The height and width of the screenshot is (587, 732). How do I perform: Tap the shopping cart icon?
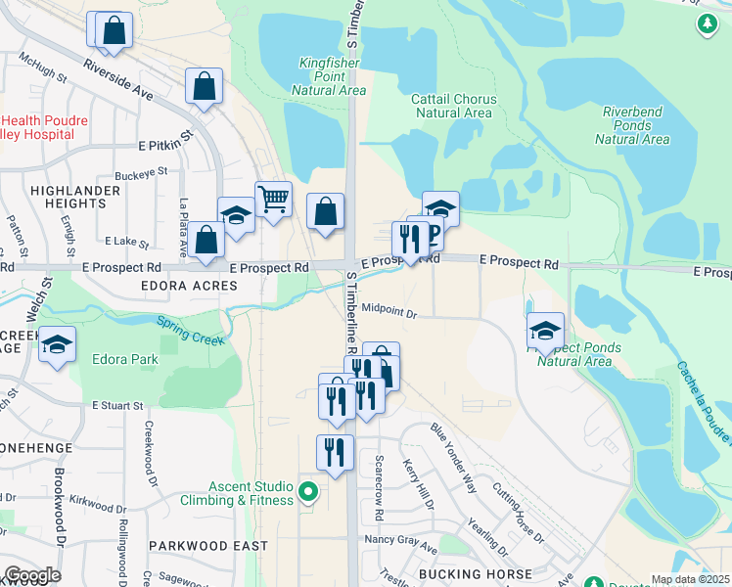coord(274,199)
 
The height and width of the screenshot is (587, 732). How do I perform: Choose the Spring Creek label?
coord(191,331)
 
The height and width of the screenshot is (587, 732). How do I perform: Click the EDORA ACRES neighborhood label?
coord(190,285)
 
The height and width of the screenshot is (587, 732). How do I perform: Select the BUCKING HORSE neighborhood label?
coord(474,573)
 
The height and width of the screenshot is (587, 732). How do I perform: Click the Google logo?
coord(32,574)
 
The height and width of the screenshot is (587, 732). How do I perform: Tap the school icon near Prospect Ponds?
coord(545,331)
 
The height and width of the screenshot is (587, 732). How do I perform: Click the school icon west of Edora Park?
coord(57,344)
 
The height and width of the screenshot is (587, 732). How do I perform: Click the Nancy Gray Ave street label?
coord(399,540)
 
